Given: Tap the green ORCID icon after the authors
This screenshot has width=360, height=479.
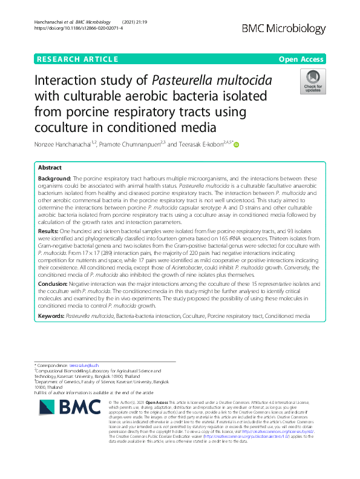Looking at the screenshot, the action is coord(235,144).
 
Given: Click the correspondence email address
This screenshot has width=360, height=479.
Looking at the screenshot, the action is coord(83,366).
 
